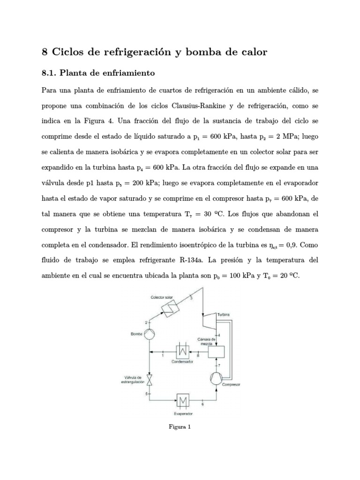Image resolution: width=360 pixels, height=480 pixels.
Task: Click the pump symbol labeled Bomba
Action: (149, 334)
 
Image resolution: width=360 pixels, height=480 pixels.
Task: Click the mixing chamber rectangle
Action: (216, 352)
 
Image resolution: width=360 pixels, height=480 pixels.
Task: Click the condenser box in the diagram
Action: (182, 352)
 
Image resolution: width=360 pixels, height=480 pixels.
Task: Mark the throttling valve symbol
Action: (149, 378)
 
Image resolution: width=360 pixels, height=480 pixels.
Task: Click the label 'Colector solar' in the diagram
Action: (163, 297)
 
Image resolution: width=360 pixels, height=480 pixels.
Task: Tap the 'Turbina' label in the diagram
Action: (223, 314)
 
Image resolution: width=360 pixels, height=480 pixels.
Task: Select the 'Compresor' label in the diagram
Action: (231, 385)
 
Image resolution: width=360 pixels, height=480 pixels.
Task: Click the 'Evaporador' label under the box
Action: (184, 414)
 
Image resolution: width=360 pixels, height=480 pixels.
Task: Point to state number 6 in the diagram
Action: (202, 404)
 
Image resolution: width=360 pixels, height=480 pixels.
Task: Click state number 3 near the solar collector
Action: (191, 299)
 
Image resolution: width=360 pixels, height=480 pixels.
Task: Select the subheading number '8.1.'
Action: (51, 73)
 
